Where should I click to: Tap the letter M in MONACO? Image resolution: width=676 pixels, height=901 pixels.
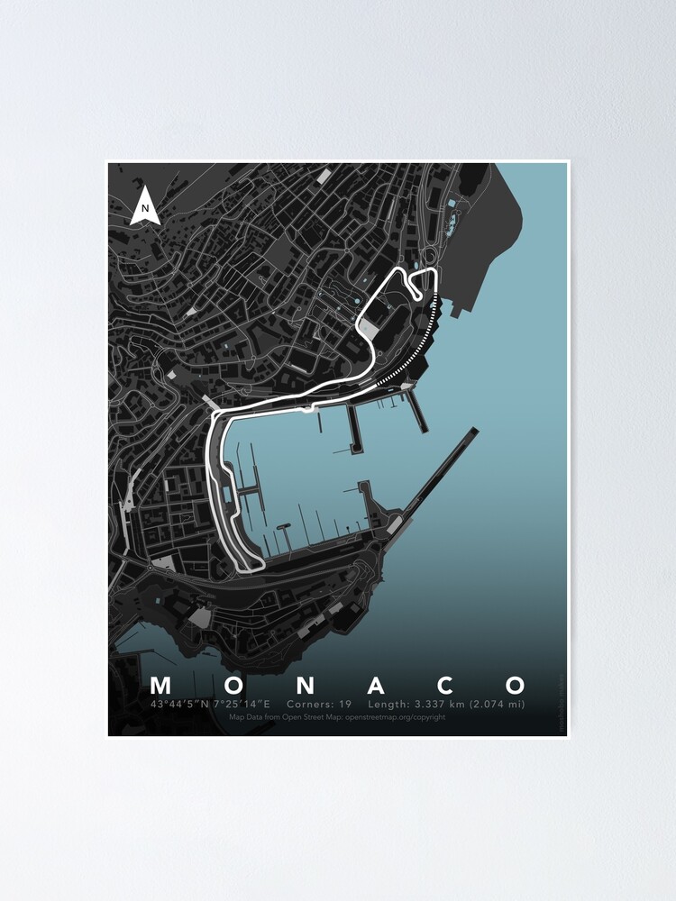pyautogui.click(x=161, y=685)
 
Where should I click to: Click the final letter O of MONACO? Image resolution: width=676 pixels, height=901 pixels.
pyautogui.click(x=516, y=685)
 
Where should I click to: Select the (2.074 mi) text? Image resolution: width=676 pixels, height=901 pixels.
pyautogui.click(x=500, y=704)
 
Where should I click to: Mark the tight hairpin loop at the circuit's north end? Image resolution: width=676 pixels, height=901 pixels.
pyautogui.click(x=414, y=287)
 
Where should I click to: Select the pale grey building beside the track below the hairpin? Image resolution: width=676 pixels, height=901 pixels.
pyautogui.click(x=370, y=328)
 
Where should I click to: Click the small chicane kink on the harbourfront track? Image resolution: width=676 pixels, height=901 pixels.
pyautogui.click(x=312, y=410)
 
